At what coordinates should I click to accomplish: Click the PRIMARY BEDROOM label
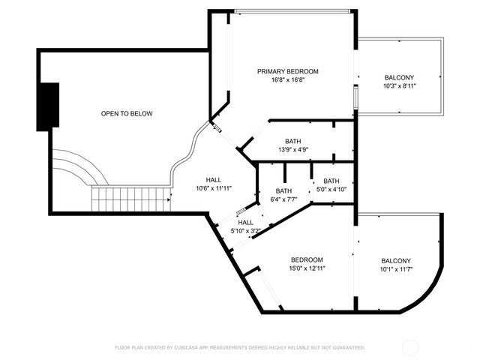288,72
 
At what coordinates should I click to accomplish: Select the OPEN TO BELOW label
127,114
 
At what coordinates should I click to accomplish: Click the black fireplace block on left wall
49,106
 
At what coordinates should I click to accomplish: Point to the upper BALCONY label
399,78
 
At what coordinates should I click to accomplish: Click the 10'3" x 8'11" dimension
399,86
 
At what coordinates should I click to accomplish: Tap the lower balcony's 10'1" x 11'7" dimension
396,269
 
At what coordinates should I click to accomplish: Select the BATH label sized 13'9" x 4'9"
292,141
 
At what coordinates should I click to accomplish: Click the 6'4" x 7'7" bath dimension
283,199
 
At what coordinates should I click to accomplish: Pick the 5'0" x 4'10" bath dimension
331,190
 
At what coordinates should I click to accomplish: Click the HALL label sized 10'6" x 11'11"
214,180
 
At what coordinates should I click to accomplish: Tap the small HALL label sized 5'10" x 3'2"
246,223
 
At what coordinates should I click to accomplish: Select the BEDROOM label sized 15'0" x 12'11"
307,259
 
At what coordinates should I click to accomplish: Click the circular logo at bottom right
411,347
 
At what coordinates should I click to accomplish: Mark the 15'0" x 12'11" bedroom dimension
307,268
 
